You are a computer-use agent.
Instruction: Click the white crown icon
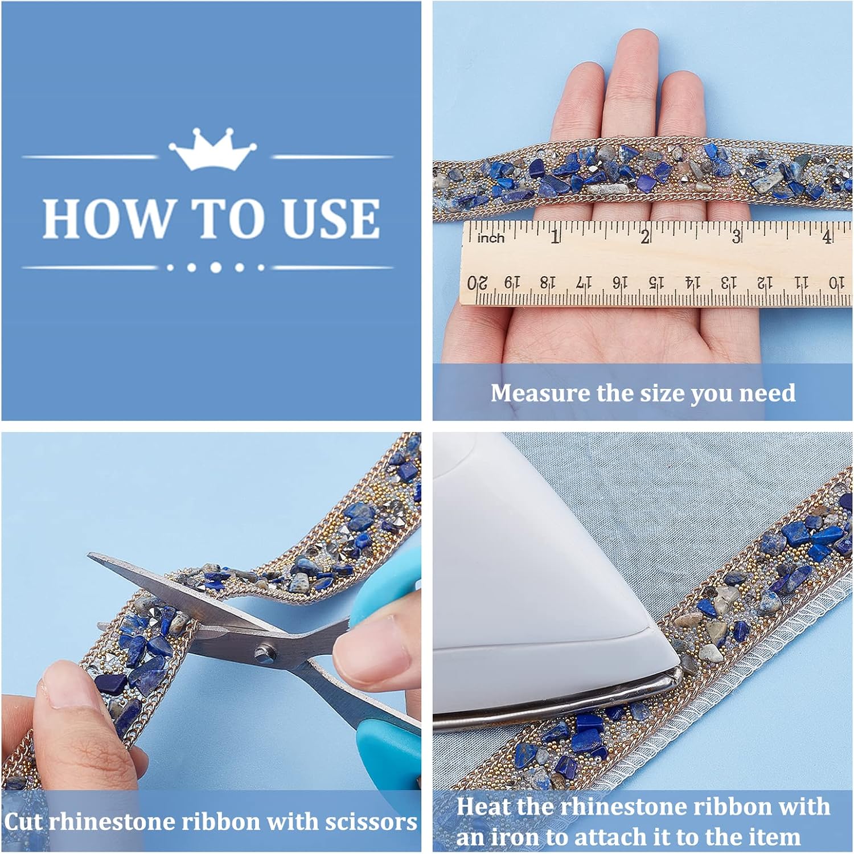pos(212,149)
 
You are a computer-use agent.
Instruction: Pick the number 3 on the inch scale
pos(736,236)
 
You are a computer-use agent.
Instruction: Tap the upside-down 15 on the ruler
pos(656,282)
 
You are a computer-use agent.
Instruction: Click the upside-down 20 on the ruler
pos(478,283)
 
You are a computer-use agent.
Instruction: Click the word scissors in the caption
pos(371,822)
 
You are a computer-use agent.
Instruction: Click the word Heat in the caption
pos(485,807)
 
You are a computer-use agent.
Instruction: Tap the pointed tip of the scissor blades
pos(89,555)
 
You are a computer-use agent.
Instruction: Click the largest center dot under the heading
pos(216,267)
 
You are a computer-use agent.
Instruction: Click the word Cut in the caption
pos(23,822)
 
